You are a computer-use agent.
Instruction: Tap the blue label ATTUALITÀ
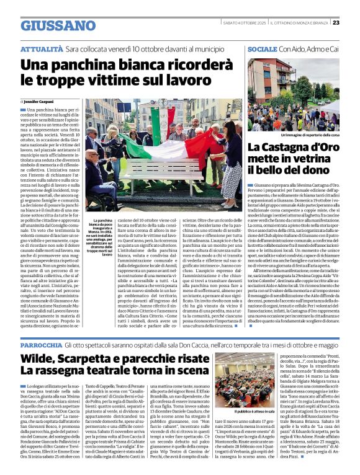click(42, 48)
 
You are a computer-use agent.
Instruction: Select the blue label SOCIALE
click(261, 48)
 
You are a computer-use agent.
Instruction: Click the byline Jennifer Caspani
click(41, 100)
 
